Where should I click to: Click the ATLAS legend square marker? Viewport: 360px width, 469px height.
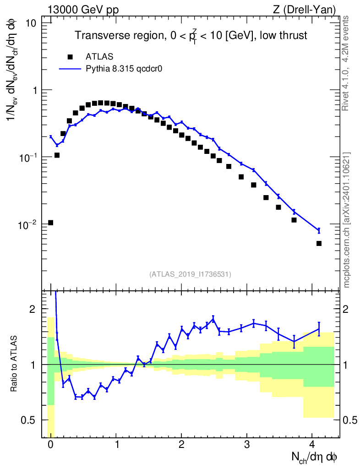tap(70, 57)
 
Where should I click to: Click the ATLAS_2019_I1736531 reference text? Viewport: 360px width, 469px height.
tap(190, 274)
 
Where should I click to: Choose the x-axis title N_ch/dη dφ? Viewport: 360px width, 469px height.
tap(315, 458)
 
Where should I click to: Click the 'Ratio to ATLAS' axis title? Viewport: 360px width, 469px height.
tap(15, 364)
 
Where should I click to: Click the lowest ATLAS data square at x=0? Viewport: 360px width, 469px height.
tap(50, 223)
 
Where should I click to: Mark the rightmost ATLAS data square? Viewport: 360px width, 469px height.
tap(319, 243)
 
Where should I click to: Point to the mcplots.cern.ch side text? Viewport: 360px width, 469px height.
tap(347, 220)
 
